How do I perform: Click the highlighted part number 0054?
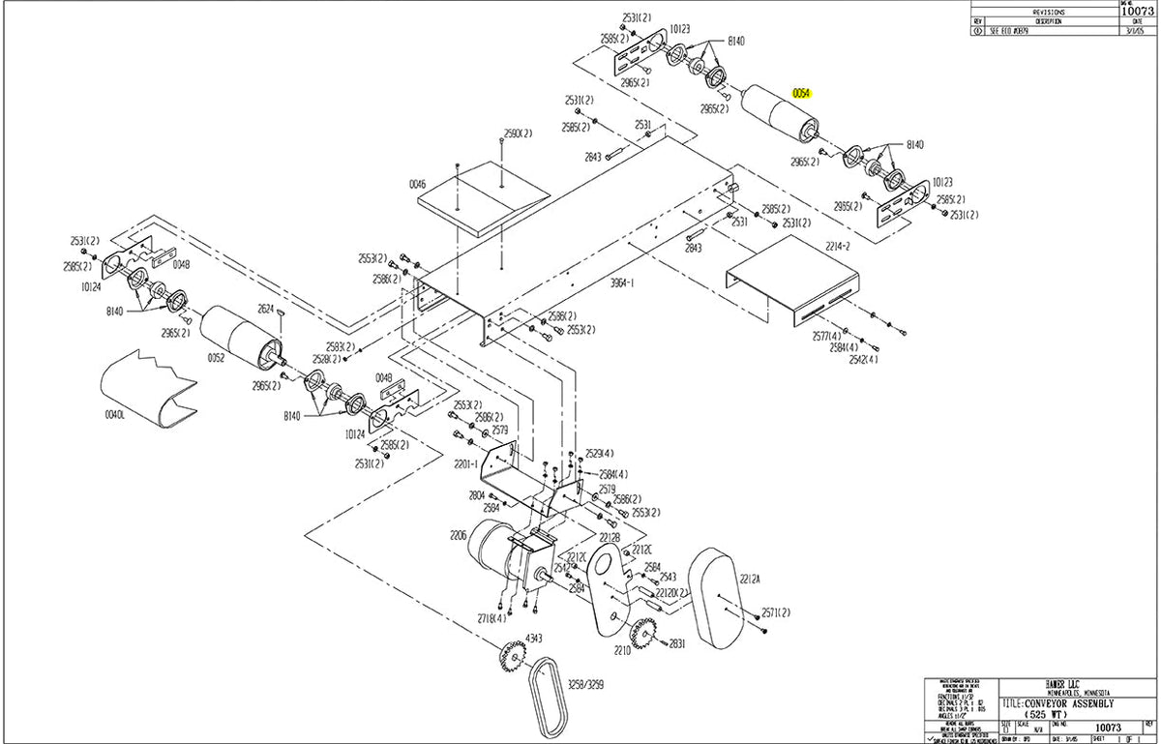coord(800,94)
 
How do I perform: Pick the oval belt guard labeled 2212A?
coord(717,600)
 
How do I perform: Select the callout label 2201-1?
coord(465,464)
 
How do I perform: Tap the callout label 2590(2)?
coord(518,133)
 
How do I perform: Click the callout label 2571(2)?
coord(776,612)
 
